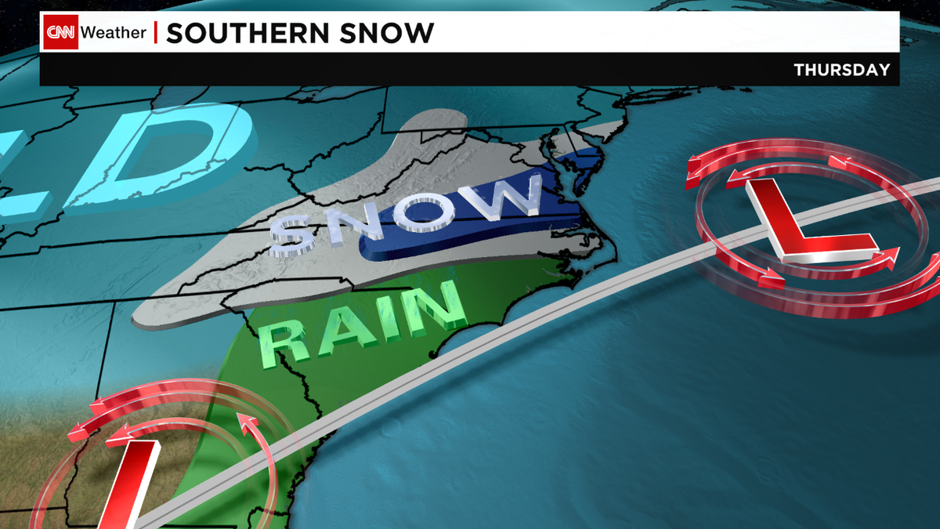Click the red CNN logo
point(60,33)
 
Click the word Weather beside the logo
point(114,33)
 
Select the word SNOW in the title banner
point(392,33)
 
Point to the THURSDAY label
point(842,70)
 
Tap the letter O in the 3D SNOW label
point(429,208)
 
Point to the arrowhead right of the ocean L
point(892,254)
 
